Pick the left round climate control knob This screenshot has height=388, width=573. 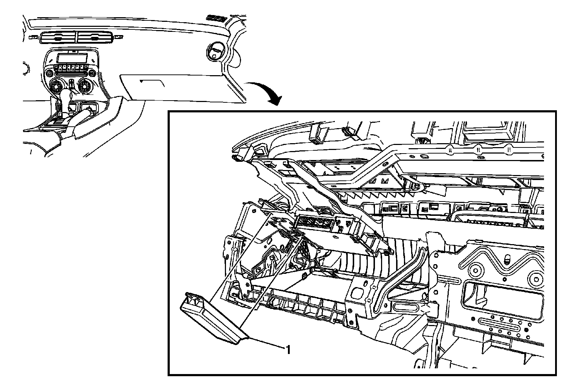tap(56, 86)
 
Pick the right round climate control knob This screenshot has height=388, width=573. tap(86, 86)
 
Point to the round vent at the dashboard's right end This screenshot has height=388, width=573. tap(215, 51)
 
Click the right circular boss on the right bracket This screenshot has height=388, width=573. tap(536, 280)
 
